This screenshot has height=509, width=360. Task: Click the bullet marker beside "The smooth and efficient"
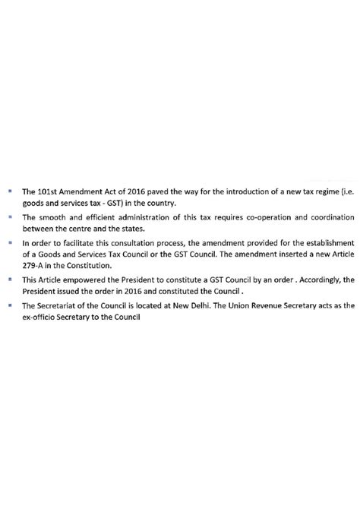(x=11, y=217)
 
